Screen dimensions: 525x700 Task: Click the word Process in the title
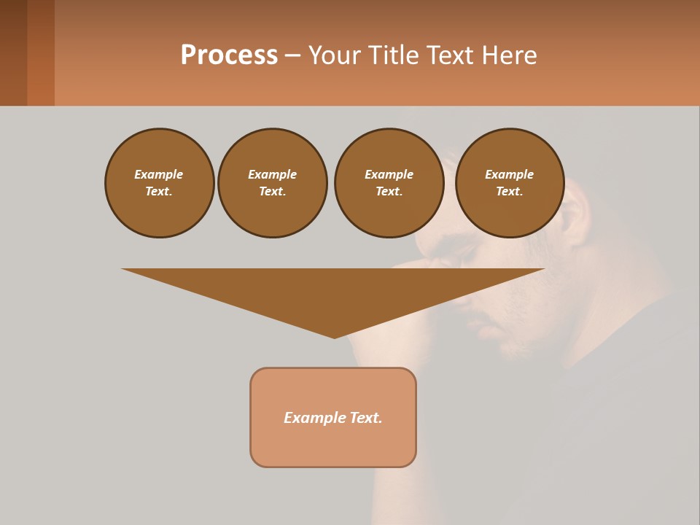coord(229,55)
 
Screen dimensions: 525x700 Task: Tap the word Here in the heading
coord(508,55)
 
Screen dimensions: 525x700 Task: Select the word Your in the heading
coord(335,55)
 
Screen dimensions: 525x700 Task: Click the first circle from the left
coord(159,183)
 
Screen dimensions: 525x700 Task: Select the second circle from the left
coord(272,183)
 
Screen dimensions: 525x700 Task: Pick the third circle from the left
coord(389,183)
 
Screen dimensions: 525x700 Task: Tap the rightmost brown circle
coord(509,183)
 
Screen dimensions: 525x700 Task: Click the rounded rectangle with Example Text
coord(333,417)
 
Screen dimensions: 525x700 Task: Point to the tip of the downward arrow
coord(334,336)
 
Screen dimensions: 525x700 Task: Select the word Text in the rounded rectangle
coord(365,418)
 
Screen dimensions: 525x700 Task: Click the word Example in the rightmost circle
coord(509,174)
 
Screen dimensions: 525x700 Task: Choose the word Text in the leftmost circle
coord(159,192)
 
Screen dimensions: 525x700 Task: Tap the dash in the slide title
coord(292,55)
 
